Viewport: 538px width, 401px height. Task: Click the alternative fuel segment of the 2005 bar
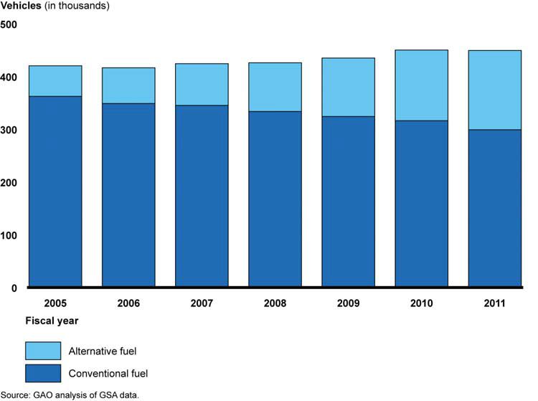(x=55, y=81)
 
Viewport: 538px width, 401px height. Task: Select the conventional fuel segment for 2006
(x=128, y=195)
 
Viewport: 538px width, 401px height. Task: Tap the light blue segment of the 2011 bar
(x=494, y=90)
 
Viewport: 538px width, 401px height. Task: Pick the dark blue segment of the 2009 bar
(x=348, y=202)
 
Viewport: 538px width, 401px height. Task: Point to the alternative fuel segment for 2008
(x=275, y=87)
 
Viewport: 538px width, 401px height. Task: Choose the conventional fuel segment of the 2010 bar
(x=421, y=204)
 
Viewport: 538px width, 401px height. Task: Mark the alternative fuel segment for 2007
(x=202, y=85)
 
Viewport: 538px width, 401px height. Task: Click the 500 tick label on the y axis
(x=9, y=25)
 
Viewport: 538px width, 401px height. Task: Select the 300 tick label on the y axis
(x=9, y=131)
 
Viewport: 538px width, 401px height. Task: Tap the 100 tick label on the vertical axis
(x=9, y=236)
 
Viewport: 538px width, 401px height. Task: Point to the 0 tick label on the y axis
(x=13, y=288)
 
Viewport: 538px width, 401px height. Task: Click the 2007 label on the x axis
(x=202, y=303)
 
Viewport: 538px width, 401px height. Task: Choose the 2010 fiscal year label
(x=421, y=303)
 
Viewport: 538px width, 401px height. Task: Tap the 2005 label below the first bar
(x=55, y=303)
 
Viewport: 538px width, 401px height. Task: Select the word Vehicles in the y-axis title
(x=21, y=6)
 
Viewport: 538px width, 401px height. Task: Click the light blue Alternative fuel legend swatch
(x=43, y=351)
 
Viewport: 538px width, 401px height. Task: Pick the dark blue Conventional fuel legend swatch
(x=43, y=373)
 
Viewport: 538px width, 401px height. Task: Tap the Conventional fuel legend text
(x=108, y=373)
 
